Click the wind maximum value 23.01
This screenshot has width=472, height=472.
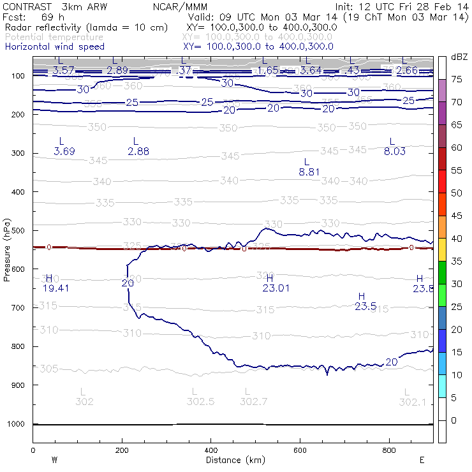pos(276,288)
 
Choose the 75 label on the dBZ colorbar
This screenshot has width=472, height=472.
pos(457,80)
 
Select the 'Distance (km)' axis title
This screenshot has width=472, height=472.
pos(233,459)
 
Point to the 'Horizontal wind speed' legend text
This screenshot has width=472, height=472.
pos(54,47)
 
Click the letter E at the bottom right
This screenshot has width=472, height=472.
pos(422,459)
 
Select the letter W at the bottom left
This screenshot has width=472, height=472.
pos(54,459)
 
